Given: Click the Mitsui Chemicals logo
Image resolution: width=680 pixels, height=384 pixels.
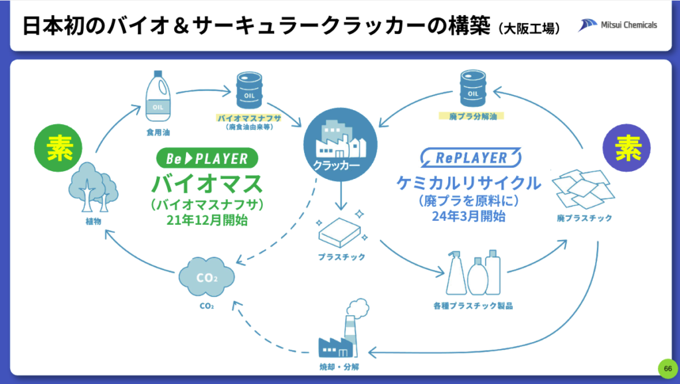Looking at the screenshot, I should tap(617, 25).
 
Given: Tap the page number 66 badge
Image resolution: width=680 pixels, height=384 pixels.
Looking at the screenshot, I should tap(667, 368).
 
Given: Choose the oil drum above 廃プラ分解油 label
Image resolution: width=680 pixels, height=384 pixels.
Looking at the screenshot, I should tap(472, 89).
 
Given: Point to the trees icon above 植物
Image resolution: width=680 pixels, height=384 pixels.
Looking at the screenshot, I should tap(92, 182).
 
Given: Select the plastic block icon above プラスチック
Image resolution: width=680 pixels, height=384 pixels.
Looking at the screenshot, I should tap(339, 230).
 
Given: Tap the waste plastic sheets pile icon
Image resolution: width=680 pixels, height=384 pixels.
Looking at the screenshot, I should tap(583, 188).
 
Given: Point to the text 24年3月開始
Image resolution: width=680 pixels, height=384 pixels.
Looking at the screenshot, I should tap(471, 216).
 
